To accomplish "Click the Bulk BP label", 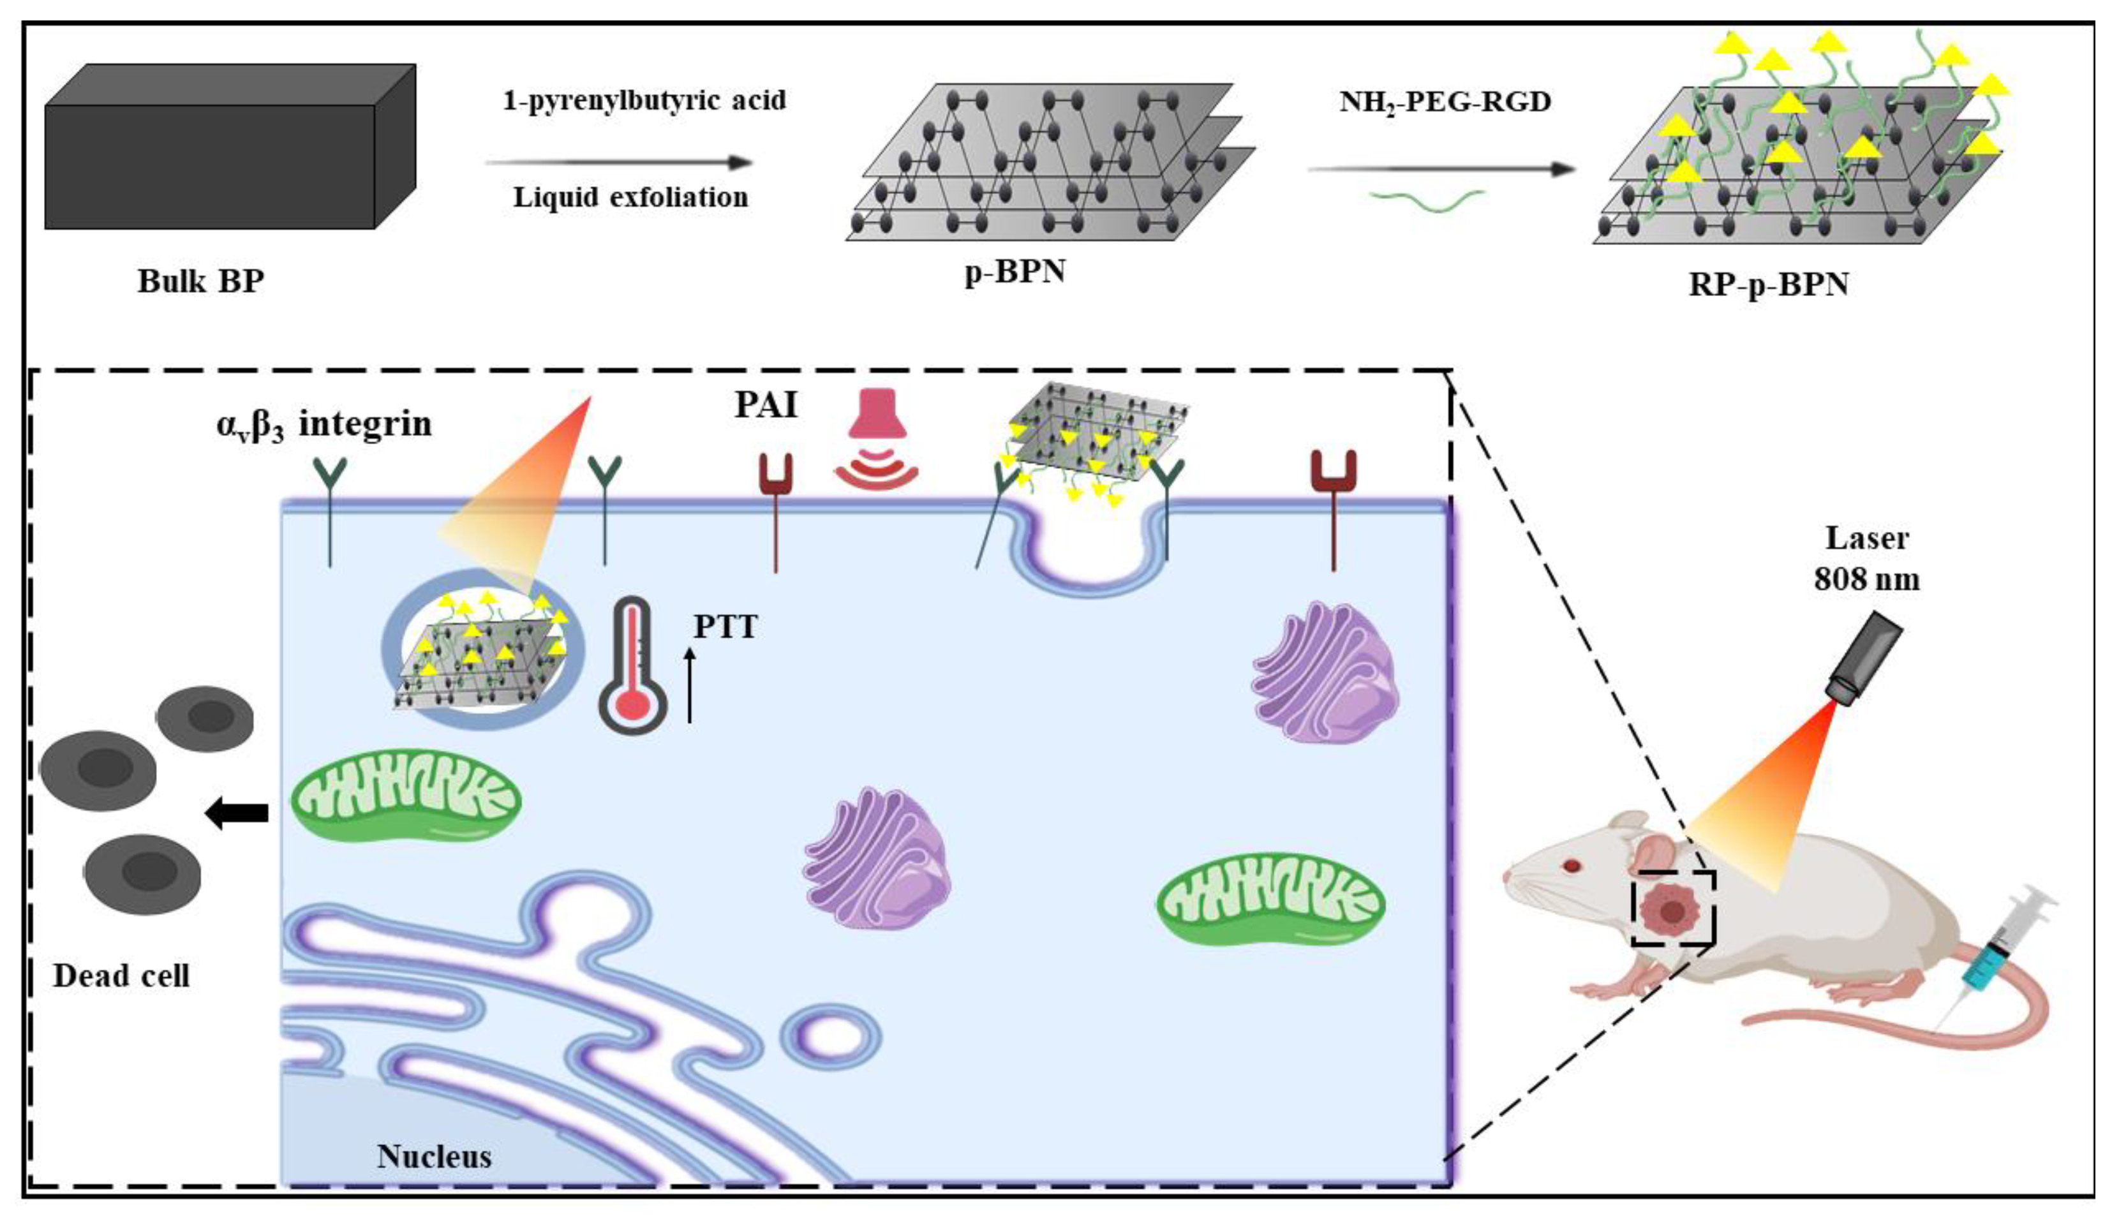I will click(x=201, y=281).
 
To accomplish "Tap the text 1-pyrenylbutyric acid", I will click(x=644, y=101).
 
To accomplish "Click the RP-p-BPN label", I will click(x=1769, y=285).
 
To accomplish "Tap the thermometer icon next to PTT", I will click(x=632, y=665).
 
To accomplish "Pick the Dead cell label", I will click(x=121, y=976).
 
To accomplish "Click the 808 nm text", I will click(x=1866, y=579).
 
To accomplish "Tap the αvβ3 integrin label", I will click(x=324, y=424).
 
